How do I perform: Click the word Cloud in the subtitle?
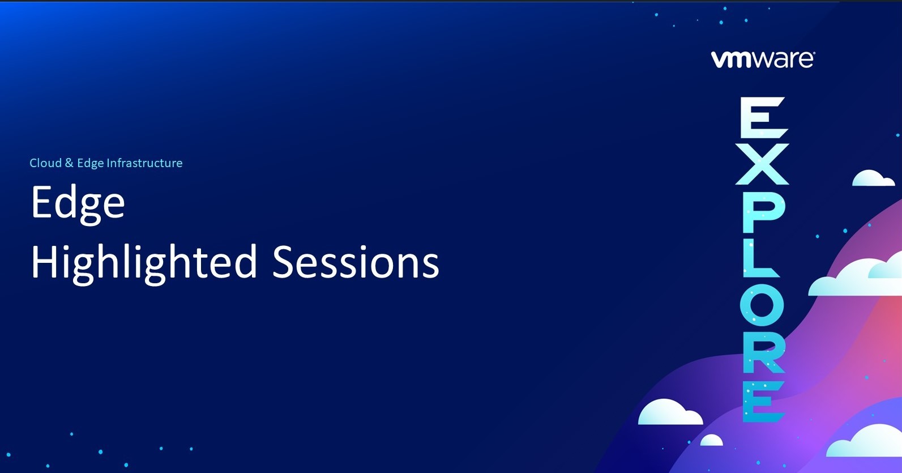45,163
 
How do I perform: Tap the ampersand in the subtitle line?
69,163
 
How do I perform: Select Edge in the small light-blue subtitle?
90,164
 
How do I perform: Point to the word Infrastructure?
144,163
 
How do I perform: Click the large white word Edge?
78,203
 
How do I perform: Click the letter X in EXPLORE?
762,164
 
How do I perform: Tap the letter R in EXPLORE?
763,353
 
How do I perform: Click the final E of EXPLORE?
763,401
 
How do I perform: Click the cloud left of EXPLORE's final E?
670,412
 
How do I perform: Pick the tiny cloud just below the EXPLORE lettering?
711,440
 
